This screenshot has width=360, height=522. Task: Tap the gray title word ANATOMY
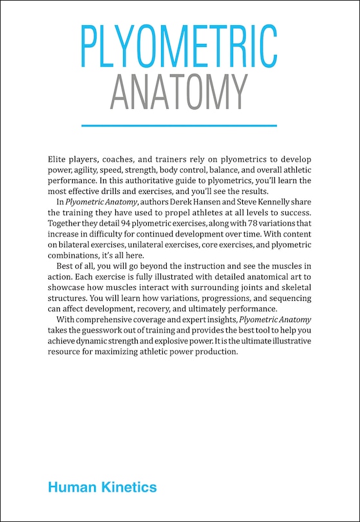click(x=179, y=91)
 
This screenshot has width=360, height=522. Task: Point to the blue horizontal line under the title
click(x=180, y=125)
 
